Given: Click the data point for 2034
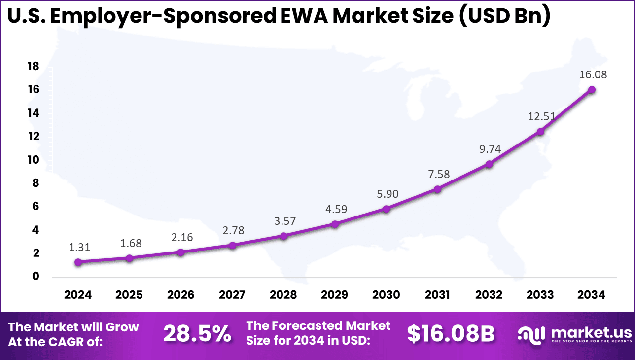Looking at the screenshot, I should pos(591,90).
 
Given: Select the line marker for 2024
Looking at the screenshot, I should pos(78,262).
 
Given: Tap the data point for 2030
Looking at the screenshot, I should pos(386,209).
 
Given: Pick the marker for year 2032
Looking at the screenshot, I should pos(489,164).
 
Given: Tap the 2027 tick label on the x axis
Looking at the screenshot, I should pos(232,295).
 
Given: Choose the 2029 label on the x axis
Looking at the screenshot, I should pos(335,295).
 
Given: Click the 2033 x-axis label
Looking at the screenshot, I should pos(540,295).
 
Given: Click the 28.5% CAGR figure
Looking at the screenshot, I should pos(197,334).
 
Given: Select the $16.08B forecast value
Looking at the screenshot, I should pos(451,334).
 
